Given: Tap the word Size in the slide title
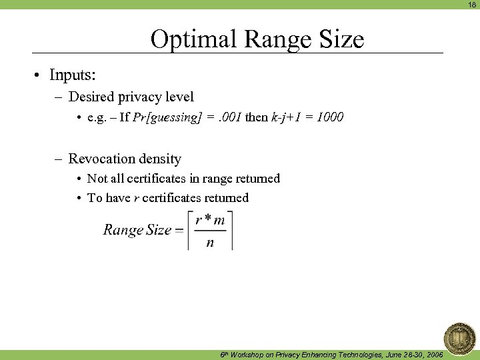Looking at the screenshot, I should (x=342, y=39).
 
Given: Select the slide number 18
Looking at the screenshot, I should (x=472, y=4).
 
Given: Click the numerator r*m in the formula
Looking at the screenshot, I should (x=210, y=221).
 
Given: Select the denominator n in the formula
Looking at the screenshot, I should (x=210, y=243).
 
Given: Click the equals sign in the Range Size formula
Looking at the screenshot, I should (x=179, y=231).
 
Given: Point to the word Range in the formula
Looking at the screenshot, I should (x=123, y=231).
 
